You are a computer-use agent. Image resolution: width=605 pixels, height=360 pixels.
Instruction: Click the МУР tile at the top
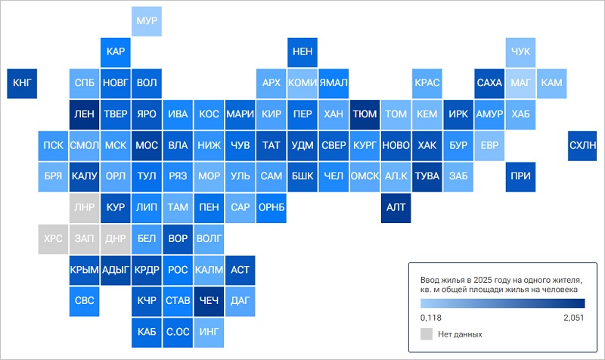click(147, 21)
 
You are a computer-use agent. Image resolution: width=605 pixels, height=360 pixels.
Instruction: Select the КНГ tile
click(22, 83)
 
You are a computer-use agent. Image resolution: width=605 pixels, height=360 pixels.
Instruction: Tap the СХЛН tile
click(582, 145)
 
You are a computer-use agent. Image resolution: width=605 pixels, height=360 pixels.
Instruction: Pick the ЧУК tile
click(520, 52)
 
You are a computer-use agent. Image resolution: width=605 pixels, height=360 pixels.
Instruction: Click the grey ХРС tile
click(53, 239)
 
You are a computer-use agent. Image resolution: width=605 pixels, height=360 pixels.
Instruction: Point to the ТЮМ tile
click(365, 115)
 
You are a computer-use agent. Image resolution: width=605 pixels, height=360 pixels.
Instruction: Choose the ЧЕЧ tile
click(209, 301)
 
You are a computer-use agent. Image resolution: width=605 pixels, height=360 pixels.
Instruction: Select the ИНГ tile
click(209, 333)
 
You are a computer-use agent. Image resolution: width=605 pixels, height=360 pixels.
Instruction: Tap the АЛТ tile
click(396, 208)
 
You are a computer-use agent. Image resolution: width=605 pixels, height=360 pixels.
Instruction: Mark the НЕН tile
click(302, 52)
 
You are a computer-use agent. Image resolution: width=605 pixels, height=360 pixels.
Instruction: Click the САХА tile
click(489, 83)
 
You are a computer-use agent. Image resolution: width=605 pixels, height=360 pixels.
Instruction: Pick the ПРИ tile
click(520, 177)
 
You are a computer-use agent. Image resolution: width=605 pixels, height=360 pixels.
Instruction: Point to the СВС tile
click(84, 301)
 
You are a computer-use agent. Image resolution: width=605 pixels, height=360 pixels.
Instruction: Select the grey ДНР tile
click(116, 239)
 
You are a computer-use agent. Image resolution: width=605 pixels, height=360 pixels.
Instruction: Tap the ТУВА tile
click(427, 177)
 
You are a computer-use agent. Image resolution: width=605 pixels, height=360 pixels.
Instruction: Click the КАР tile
click(116, 52)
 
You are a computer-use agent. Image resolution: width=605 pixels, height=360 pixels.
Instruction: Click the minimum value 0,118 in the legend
click(430, 318)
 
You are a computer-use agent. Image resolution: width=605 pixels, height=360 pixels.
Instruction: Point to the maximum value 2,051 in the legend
click(574, 318)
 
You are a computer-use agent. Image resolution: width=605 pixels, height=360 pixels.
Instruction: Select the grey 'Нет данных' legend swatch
click(427, 334)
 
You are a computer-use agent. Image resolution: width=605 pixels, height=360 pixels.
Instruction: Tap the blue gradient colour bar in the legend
click(503, 303)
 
